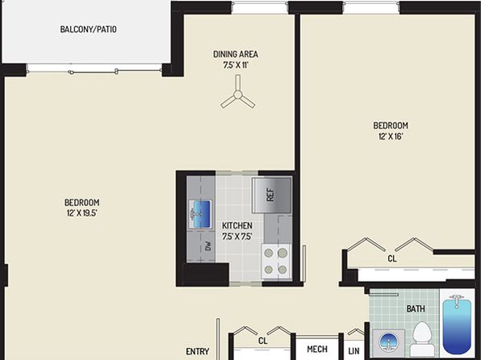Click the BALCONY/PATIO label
pos(88,30)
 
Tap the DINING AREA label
pos(236,54)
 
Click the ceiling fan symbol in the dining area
pos(238,92)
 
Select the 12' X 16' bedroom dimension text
pos(390,136)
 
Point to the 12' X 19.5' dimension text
pos(82,213)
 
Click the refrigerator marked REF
pos(271,195)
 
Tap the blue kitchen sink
pos(201,214)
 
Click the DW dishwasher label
pos(208,246)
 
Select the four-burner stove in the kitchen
pos(276,262)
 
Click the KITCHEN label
pos(237,225)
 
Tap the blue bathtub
pos(457,324)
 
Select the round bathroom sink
pos(388,342)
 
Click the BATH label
pos(416,308)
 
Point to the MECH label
pos(317,349)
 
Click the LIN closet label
pos(353,351)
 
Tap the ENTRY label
pos(198,351)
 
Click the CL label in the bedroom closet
pos(392,259)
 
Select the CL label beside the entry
pos(263,341)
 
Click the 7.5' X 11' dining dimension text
pos(236,65)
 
